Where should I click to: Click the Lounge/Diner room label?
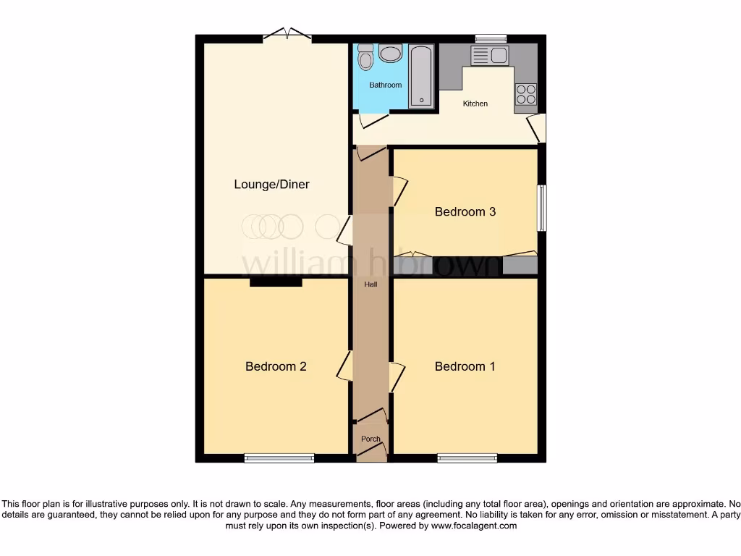271,185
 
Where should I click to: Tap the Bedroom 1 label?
465,366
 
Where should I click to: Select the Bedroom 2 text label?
276,366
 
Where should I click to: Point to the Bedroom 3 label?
465,212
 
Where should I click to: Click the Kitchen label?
475,104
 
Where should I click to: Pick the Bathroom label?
385,85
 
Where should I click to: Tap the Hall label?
370,285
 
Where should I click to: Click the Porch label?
370,439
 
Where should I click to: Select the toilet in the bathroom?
365,55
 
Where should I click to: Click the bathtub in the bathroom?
420,76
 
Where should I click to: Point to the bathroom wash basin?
391,53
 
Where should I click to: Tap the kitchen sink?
490,55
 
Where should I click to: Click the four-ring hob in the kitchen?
525,95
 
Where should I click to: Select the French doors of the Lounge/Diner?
288,35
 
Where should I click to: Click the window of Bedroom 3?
541,208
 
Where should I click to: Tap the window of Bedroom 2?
279,458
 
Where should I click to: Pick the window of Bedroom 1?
467,458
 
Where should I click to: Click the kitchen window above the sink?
491,38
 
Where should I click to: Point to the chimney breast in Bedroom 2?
276,282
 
